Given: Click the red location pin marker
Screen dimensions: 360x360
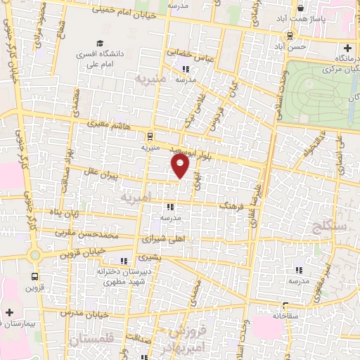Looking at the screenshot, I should click(x=181, y=165).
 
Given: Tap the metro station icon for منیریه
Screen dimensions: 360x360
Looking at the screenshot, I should click(x=149, y=137).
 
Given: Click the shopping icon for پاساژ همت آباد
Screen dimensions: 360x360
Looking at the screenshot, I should click(x=301, y=8).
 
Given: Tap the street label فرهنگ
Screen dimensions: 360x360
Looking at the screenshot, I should click(x=233, y=205).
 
